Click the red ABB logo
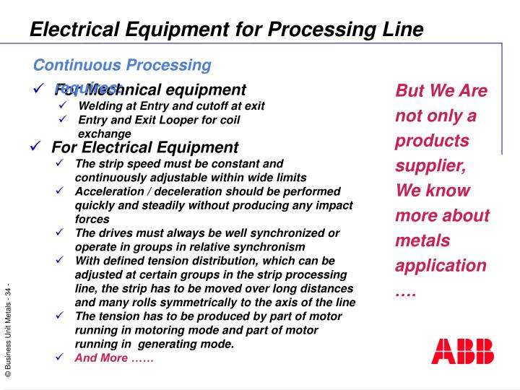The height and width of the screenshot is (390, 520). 462,351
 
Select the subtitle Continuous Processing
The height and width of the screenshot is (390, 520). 122,65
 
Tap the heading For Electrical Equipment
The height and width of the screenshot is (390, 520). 144,147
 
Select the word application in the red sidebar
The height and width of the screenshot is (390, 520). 441,265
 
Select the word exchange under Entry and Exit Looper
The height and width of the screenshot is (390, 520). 104,134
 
